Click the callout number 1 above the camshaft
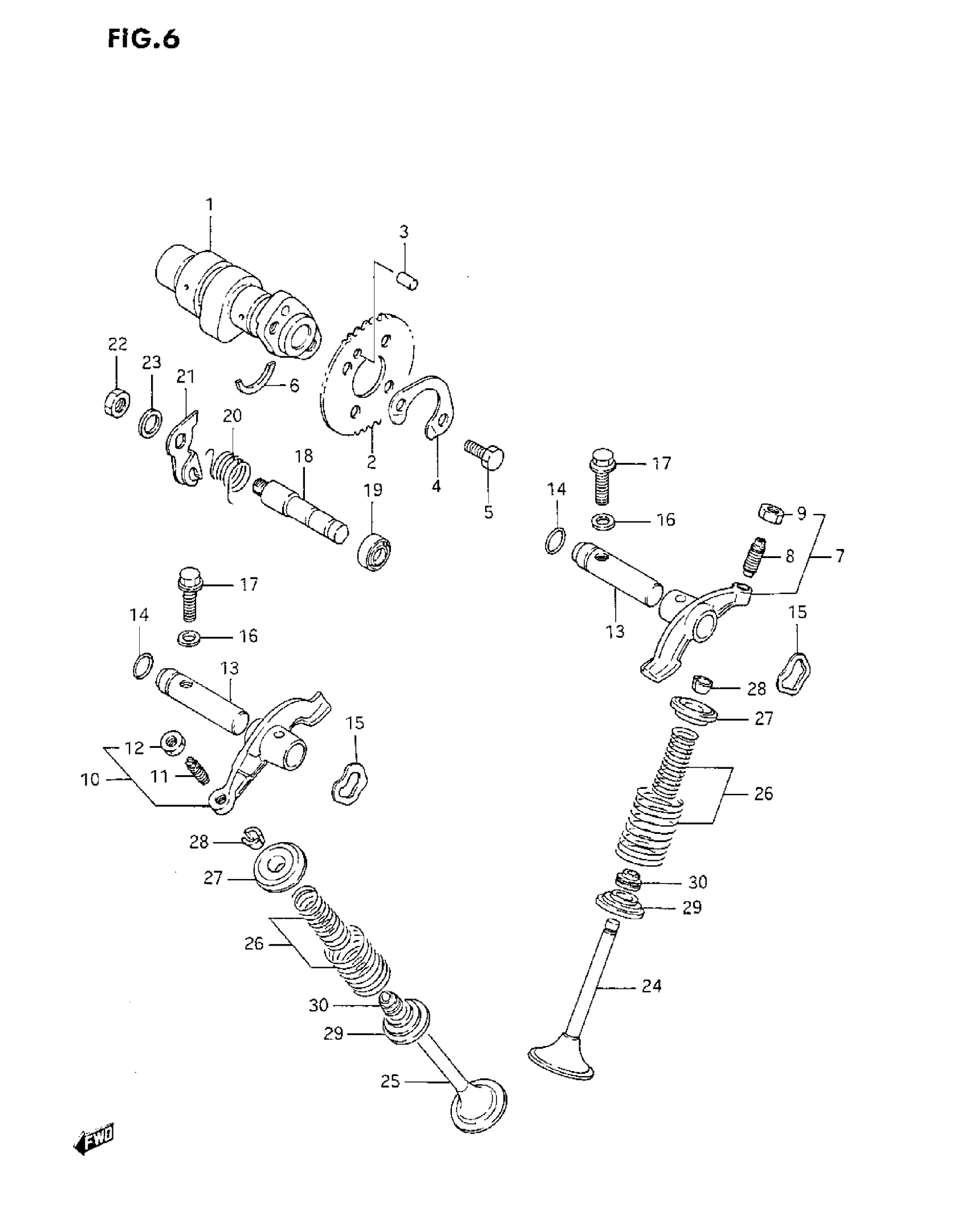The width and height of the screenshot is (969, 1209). tap(209, 204)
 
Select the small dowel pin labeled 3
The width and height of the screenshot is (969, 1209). tap(407, 280)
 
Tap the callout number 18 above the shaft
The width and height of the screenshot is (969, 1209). tap(304, 456)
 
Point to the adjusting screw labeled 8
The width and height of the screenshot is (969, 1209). tap(755, 556)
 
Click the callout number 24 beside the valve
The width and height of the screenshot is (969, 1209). tap(652, 986)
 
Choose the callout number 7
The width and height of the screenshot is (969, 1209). tap(839, 555)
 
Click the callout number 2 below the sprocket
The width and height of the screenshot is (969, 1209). tap(372, 462)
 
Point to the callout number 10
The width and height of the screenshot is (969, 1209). tap(90, 779)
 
